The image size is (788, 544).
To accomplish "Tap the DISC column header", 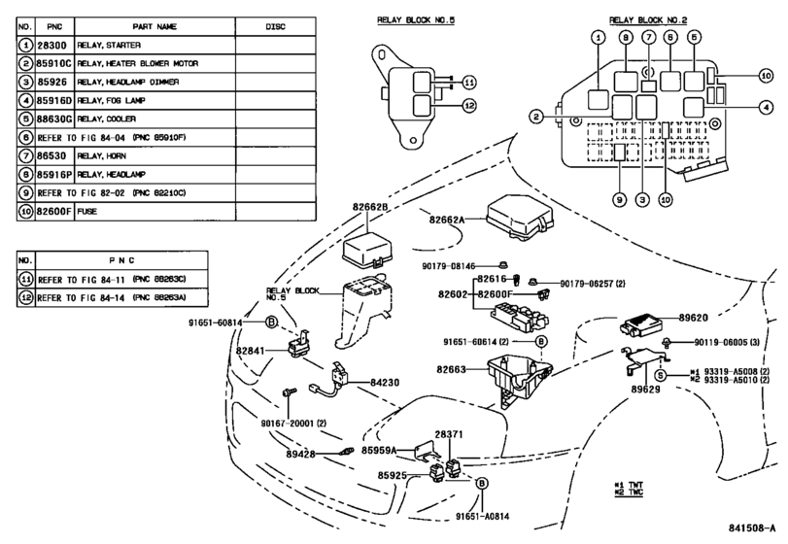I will point(275,25).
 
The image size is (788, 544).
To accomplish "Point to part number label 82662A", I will point(448,220).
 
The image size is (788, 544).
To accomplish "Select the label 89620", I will point(696,317).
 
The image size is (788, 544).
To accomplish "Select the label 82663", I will point(452,369).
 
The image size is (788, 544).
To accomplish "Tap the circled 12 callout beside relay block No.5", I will point(470,105).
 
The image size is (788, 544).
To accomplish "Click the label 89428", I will point(302,454).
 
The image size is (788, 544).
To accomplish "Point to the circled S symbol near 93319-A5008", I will point(660,375).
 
